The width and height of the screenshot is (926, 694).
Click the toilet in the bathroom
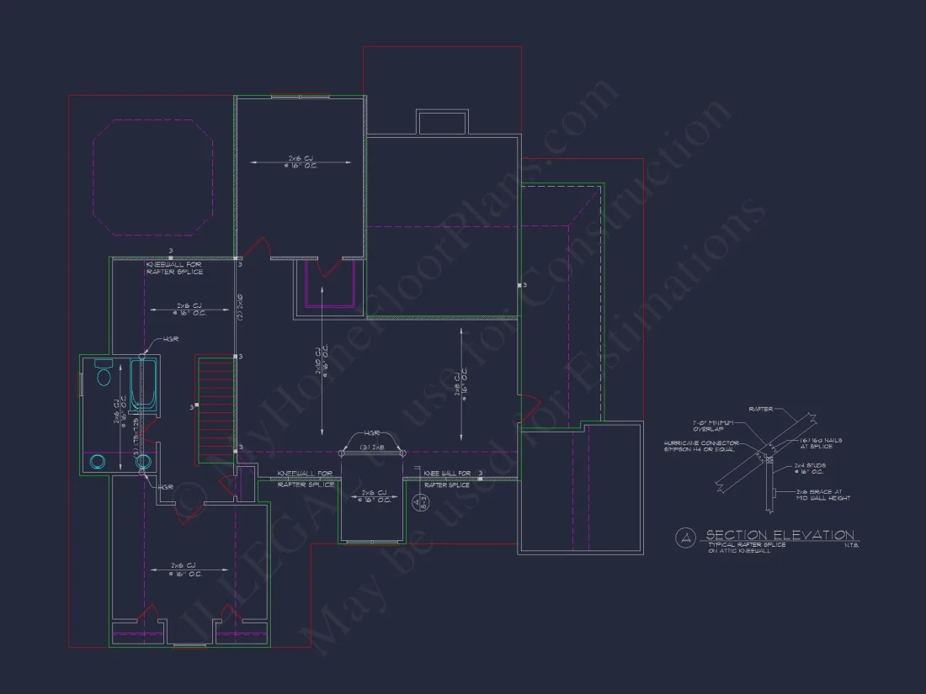(x=104, y=373)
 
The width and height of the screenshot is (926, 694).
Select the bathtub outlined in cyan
(x=144, y=384)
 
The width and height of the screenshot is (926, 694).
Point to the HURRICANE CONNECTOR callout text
(x=701, y=445)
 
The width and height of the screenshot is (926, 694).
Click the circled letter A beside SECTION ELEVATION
(x=687, y=536)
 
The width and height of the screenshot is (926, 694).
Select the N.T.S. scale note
(x=850, y=546)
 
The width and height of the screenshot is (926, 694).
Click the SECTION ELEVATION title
(x=780, y=535)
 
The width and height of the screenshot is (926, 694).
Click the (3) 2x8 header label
(x=372, y=448)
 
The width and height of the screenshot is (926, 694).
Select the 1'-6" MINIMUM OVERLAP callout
(x=712, y=425)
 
